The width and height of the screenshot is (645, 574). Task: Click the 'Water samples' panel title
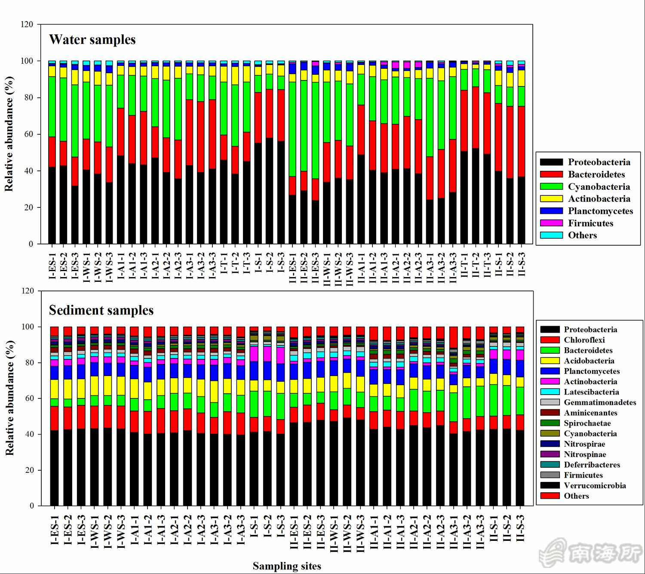coord(92,40)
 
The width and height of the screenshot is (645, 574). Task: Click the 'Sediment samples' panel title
coord(101,310)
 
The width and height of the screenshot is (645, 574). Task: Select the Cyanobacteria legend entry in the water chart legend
coord(599,187)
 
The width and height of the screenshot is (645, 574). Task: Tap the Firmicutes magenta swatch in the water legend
coord(551,223)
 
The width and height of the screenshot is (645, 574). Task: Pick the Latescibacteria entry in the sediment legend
coord(591,392)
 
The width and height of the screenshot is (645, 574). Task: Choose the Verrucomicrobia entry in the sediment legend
coord(595,486)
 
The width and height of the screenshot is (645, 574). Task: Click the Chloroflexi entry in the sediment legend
coord(584,340)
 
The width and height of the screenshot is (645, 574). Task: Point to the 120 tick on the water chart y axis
coord(27,25)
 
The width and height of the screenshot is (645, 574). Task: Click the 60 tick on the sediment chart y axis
coord(28,398)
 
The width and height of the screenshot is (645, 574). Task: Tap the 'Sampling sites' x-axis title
coord(287,566)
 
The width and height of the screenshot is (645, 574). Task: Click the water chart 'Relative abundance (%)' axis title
coord(9,134)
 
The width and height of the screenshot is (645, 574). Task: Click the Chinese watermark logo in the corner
coord(591,553)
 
